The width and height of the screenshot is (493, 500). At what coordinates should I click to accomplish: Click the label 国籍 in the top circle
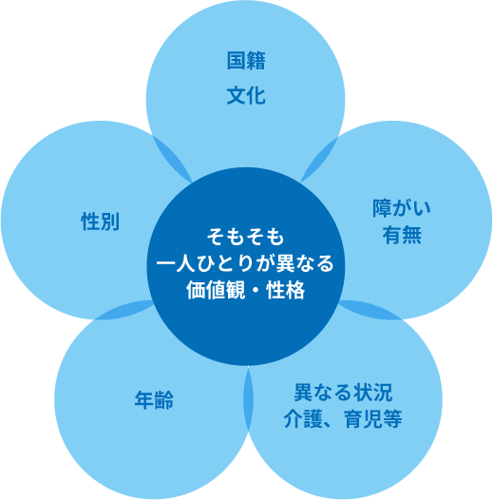point(246,60)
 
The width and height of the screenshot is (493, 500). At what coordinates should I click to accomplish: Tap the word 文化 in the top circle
point(246,95)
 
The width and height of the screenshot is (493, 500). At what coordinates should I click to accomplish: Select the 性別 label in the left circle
point(101,221)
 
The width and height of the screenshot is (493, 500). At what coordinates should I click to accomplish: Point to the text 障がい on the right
point(402,208)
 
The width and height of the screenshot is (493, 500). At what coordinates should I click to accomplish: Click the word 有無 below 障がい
point(402,235)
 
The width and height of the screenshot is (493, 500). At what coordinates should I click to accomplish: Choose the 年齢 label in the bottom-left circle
point(154,400)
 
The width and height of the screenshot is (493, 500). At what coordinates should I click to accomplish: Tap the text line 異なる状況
point(343,393)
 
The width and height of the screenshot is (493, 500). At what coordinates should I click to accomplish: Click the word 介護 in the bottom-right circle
point(303,418)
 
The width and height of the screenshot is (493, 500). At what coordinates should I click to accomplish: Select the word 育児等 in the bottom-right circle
point(373,418)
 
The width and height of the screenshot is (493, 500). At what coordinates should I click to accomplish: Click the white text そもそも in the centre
point(245,237)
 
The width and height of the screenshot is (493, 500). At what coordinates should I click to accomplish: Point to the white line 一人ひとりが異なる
point(245,263)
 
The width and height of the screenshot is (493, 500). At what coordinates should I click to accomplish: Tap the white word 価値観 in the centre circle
point(216,290)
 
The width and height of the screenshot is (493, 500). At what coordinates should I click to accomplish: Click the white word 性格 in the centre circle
point(286,290)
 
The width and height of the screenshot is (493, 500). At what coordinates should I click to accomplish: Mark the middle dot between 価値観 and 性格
point(256,291)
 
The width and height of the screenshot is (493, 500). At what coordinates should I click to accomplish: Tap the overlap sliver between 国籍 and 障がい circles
point(319,160)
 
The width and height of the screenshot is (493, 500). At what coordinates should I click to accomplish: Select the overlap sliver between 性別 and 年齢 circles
point(123,310)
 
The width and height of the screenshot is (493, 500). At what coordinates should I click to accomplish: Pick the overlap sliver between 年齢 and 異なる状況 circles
point(248,399)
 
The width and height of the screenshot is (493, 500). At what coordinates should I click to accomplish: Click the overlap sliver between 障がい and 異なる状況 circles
point(370,310)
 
